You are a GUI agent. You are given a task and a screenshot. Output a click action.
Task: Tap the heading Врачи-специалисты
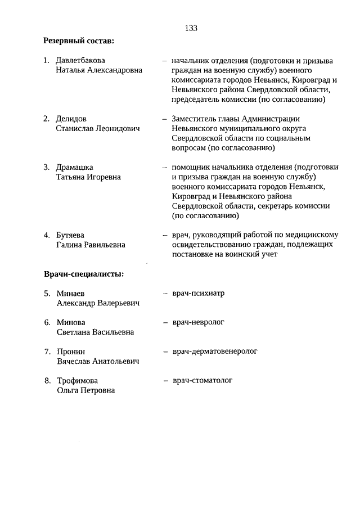point(84,274)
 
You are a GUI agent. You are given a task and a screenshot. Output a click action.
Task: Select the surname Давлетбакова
point(80,60)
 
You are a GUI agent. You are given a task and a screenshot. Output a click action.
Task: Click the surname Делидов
point(71,119)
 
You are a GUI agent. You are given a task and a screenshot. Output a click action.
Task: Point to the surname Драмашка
point(75,167)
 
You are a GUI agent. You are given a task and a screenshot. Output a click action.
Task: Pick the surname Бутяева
point(70,235)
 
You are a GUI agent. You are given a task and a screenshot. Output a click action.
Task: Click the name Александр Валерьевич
point(98,303)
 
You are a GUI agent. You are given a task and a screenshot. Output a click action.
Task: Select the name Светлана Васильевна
point(95,332)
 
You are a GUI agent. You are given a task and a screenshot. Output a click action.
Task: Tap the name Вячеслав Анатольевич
point(98,362)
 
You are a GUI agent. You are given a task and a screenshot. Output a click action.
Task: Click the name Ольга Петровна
point(85,391)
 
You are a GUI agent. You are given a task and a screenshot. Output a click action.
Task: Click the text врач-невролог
point(198,322)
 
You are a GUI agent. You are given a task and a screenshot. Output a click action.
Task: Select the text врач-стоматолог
point(202,381)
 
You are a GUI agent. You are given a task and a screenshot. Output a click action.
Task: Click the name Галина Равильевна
point(91,245)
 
